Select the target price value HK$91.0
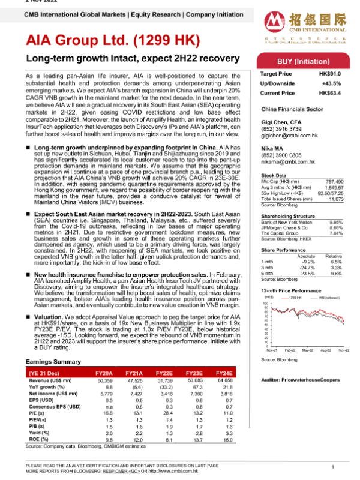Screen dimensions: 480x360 click(x=330, y=74)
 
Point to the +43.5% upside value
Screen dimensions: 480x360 click(x=334, y=83)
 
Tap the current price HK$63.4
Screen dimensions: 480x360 click(x=330, y=94)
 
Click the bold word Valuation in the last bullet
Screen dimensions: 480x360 click(x=46, y=314)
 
